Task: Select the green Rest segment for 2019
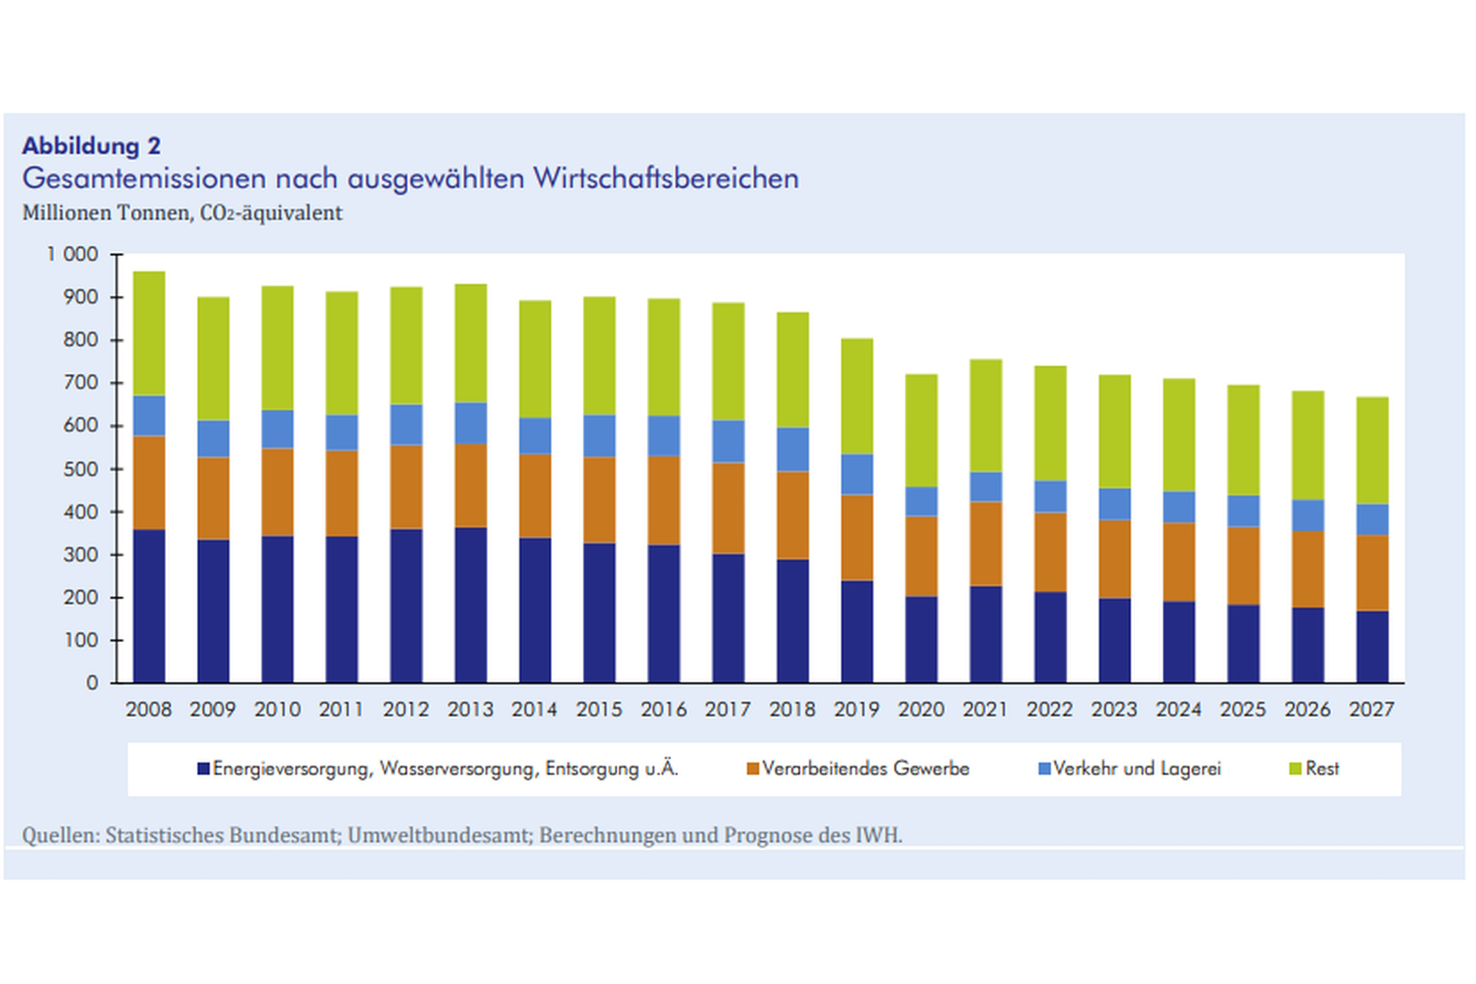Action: pos(857,396)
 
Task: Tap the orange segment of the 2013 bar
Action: pos(470,485)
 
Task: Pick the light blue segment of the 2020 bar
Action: pos(921,501)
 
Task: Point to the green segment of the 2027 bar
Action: pos(1372,450)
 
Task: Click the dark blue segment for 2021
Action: pos(985,634)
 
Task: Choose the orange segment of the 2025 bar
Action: pos(1243,565)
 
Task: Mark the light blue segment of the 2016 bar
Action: pos(663,436)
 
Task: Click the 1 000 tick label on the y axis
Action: pos(72,254)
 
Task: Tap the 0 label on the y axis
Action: pos(92,683)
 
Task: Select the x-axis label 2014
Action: pos(534,709)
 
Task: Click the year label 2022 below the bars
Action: pos(1050,709)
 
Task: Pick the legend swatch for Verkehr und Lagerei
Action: pos(1044,768)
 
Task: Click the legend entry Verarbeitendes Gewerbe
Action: pos(865,768)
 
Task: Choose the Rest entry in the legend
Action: pos(1321,768)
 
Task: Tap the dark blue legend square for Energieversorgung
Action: pos(203,768)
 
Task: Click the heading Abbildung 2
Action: pos(91,146)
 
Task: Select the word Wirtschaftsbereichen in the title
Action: pos(665,178)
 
